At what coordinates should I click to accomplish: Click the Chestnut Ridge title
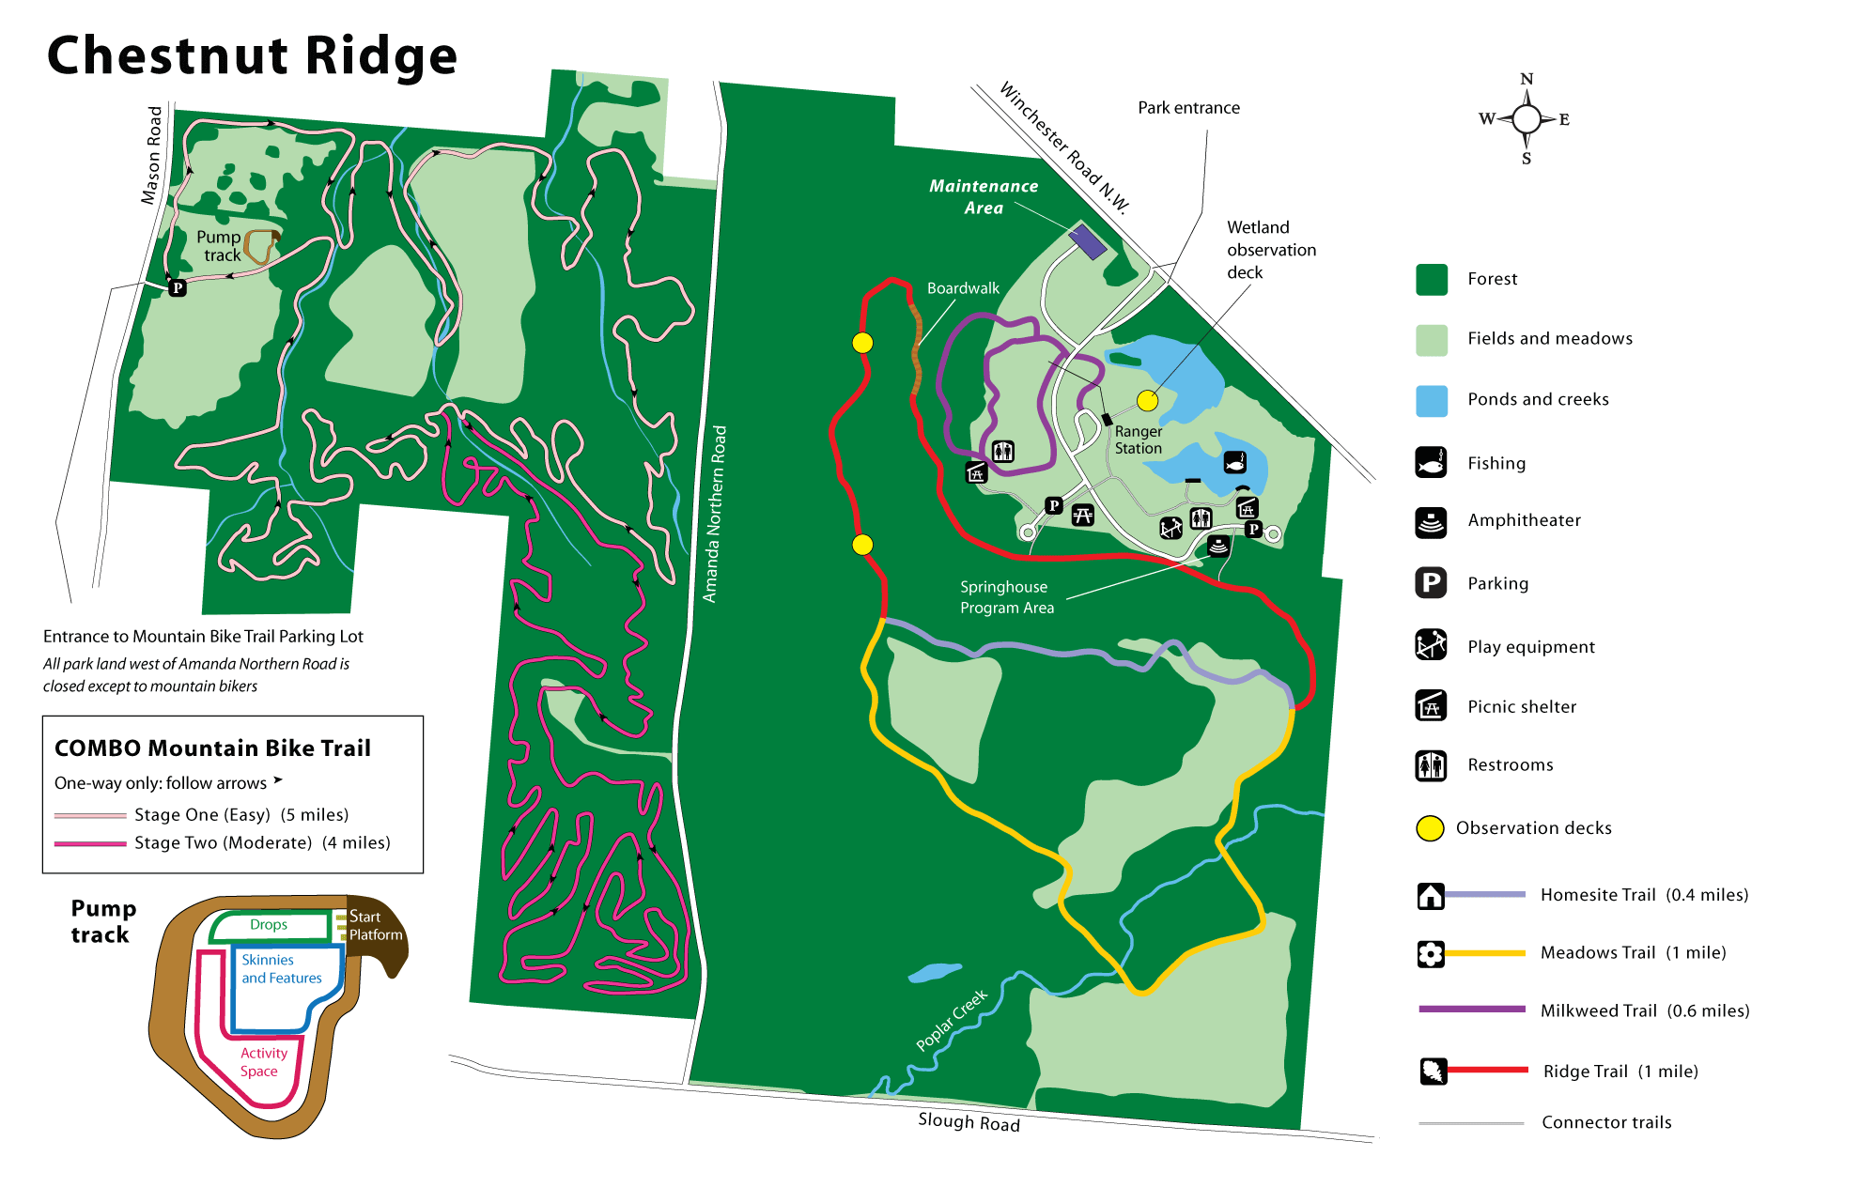point(252,55)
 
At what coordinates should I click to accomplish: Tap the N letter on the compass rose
point(1527,79)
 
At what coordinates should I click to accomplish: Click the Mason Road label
point(151,155)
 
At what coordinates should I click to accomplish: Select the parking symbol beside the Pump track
point(178,287)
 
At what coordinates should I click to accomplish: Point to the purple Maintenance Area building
point(1088,241)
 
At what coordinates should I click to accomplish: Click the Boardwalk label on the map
point(963,288)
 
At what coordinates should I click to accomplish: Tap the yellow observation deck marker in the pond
point(1147,401)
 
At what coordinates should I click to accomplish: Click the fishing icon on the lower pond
point(1234,462)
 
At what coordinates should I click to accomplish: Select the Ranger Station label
point(1138,440)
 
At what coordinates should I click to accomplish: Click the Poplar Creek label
point(952,1020)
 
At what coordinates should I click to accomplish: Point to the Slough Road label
point(969,1121)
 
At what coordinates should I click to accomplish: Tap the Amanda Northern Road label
point(715,514)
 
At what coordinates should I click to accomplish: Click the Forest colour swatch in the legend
point(1432,279)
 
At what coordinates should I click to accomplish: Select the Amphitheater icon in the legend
point(1431,521)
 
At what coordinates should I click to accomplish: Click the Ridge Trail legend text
point(1620,1072)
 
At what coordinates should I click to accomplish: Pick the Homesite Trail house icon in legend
point(1430,896)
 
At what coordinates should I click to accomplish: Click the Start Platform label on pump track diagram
point(375,925)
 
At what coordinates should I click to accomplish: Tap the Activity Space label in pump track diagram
point(262,1062)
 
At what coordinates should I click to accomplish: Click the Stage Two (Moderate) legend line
point(90,843)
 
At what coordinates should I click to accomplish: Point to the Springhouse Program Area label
point(1006,597)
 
